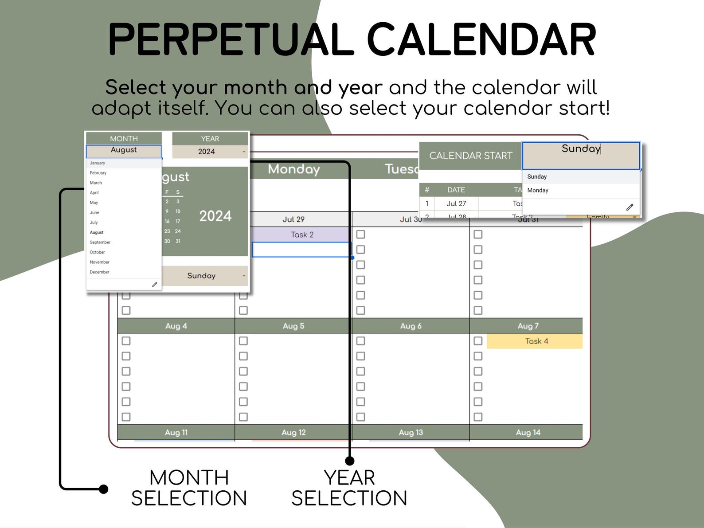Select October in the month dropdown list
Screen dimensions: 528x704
(98, 252)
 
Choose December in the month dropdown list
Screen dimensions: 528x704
(99, 272)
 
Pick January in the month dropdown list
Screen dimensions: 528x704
(98, 163)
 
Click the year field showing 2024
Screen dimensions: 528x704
(207, 152)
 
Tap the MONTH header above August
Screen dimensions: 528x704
(124, 139)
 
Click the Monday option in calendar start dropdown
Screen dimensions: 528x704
(538, 190)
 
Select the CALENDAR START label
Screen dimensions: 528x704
(470, 156)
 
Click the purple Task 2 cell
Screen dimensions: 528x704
(302, 235)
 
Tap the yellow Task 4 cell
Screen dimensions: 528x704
(536, 341)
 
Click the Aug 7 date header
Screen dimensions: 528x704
(528, 326)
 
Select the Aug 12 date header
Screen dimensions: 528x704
(293, 432)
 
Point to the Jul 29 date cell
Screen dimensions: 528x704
(293, 219)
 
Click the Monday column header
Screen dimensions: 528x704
(293, 169)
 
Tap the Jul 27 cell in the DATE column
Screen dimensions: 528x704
(456, 203)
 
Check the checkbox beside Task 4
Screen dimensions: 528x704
(478, 341)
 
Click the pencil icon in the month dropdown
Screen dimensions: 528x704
(154, 285)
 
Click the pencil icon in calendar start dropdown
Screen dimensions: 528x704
(630, 207)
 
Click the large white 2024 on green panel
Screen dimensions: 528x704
(215, 216)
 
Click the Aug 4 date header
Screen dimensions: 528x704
(176, 326)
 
